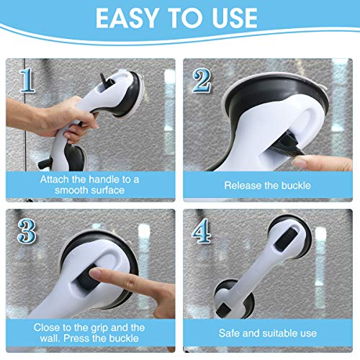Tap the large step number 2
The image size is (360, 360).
[202, 81]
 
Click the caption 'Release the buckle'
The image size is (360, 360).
[267, 185]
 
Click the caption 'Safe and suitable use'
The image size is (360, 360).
[267, 333]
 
